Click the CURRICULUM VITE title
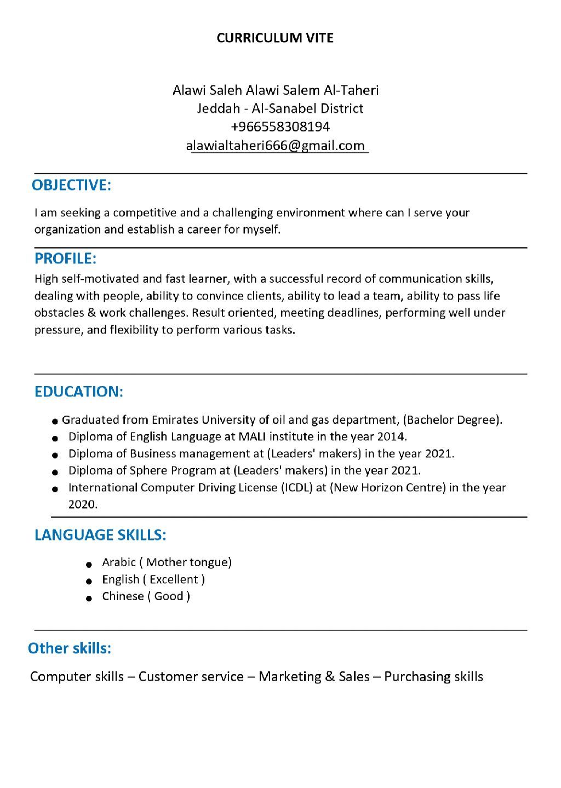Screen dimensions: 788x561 (275, 38)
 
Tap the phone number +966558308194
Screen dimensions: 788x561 (280, 127)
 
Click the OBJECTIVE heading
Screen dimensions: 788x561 (71, 185)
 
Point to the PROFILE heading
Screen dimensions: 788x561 (65, 258)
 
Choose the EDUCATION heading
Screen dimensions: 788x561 (78, 392)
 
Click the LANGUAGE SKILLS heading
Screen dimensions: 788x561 (100, 534)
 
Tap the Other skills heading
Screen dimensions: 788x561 (70, 648)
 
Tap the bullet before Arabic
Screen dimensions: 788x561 (88, 564)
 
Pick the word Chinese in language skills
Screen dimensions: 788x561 (123, 596)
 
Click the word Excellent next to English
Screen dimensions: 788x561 (174, 579)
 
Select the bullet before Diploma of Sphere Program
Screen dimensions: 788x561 (55, 472)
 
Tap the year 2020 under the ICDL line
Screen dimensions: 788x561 (82, 504)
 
